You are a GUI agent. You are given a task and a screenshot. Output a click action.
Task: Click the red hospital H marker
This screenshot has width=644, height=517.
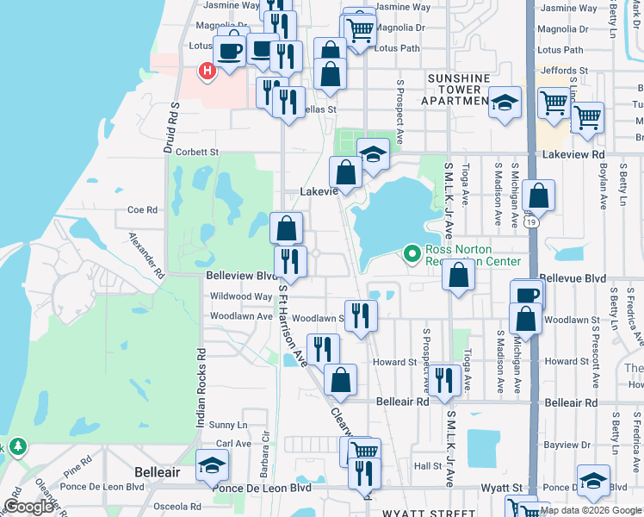tap(207, 72)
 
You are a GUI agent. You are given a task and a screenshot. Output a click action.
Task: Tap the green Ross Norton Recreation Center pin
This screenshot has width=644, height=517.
tap(412, 253)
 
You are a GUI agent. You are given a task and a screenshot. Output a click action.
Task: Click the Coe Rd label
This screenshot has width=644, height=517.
tap(142, 209)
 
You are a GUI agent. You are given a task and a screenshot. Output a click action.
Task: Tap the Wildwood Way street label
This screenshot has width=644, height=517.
tap(241, 296)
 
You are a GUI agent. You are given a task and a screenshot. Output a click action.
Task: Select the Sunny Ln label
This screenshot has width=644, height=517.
tap(228, 425)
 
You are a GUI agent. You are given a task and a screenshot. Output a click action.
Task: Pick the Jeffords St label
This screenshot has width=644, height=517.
tap(562, 71)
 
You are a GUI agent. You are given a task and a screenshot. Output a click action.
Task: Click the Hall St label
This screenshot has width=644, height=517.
tap(427, 465)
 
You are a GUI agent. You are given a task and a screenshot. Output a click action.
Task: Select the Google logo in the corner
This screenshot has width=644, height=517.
tap(29, 507)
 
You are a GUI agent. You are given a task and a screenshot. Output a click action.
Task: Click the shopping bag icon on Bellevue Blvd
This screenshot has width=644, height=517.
tap(460, 277)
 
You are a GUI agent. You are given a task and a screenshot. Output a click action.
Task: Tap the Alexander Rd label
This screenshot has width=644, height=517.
tap(146, 255)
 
